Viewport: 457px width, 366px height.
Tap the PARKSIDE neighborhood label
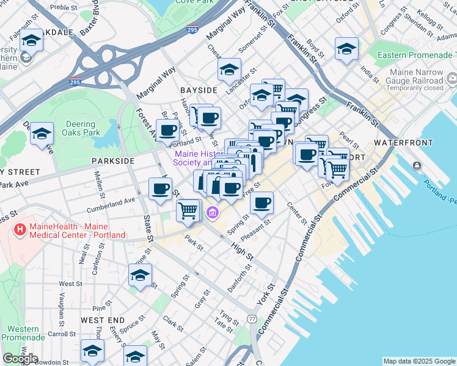click(112, 160)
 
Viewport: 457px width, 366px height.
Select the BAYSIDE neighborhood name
click(199, 90)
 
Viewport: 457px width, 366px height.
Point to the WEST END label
click(103, 320)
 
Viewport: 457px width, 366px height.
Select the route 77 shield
click(252, 319)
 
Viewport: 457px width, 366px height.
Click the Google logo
click(20, 359)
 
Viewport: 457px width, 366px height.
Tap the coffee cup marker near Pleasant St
click(262, 203)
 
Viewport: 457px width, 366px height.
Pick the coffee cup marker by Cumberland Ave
click(160, 188)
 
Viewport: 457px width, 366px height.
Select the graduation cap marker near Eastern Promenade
click(346, 48)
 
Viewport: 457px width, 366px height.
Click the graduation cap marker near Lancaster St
click(229, 69)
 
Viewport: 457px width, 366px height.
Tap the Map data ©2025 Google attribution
click(419, 361)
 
